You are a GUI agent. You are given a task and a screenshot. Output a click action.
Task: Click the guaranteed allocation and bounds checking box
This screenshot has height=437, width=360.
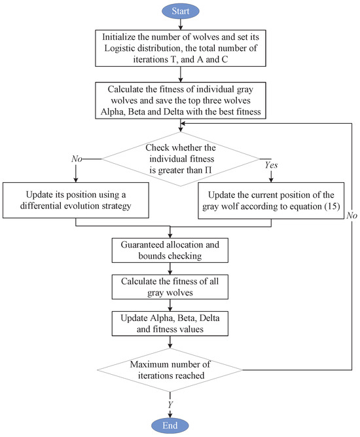click(x=171, y=250)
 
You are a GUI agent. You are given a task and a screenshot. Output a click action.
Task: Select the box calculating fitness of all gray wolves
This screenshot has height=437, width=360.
click(x=171, y=288)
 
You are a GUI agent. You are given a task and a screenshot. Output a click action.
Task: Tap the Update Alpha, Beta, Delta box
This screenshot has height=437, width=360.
click(x=171, y=324)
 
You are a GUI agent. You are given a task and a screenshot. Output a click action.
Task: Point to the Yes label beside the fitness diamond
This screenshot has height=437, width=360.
click(x=268, y=166)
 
